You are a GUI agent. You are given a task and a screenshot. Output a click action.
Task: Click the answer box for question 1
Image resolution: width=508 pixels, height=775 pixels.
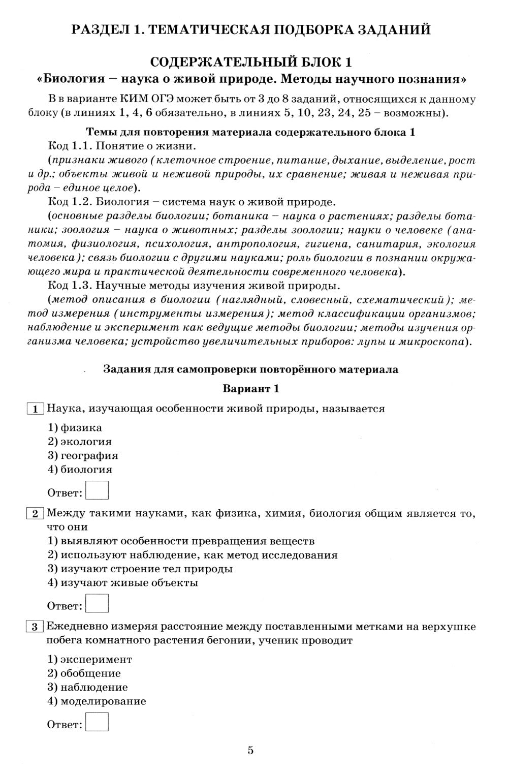point(97,490)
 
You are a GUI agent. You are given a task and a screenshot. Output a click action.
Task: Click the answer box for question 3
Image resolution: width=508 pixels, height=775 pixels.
point(97,722)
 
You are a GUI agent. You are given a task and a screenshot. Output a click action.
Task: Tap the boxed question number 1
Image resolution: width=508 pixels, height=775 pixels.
point(35,409)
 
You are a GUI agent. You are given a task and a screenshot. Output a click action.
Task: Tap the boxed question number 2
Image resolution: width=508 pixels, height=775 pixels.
point(35,514)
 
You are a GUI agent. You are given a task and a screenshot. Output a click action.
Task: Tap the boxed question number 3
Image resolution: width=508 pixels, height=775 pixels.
point(35,627)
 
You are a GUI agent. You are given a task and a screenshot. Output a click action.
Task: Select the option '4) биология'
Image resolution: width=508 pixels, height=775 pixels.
point(80,470)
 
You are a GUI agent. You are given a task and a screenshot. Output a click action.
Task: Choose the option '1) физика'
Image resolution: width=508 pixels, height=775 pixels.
point(75,428)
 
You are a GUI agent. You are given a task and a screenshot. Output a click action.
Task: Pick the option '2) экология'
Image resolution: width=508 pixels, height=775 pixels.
point(80,442)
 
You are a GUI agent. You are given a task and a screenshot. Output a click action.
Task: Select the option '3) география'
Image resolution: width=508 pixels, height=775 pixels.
point(83,456)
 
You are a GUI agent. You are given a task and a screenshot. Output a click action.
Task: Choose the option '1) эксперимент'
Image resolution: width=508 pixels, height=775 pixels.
point(89,660)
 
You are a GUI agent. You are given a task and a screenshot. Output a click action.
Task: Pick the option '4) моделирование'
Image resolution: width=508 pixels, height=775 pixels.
point(97,701)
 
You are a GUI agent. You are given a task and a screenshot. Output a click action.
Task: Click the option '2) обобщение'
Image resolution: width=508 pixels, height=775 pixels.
point(84,673)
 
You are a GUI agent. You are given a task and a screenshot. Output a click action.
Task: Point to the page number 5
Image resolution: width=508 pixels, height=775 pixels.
point(250,750)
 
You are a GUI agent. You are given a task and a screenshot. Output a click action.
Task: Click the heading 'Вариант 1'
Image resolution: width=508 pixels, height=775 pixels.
point(251,389)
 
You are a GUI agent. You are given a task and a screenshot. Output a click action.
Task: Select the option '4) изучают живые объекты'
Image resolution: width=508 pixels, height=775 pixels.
point(122,583)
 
